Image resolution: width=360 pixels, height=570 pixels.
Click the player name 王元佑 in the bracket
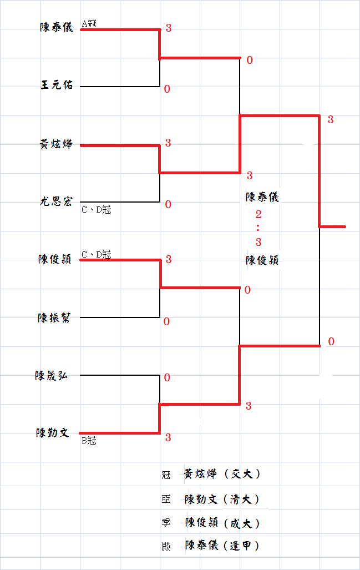(x=57, y=85)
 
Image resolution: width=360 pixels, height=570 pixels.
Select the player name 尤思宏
(x=56, y=201)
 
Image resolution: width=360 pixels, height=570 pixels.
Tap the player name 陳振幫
(x=54, y=318)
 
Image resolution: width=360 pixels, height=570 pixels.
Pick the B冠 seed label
(x=89, y=441)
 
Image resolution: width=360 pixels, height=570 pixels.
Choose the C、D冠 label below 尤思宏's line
(x=96, y=210)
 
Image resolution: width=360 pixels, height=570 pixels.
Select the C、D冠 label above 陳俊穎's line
(x=96, y=255)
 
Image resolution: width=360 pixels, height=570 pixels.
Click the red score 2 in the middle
(x=258, y=214)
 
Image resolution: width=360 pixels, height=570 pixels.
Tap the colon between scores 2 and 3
(x=258, y=228)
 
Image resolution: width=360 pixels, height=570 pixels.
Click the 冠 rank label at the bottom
(x=166, y=475)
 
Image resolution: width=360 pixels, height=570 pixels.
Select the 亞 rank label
(x=166, y=500)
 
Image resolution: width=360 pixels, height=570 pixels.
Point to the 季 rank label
(x=166, y=523)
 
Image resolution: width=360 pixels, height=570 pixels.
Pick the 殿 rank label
(x=166, y=546)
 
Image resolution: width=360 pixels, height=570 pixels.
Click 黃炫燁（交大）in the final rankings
(x=222, y=475)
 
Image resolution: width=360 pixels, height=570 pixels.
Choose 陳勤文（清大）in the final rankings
(x=222, y=499)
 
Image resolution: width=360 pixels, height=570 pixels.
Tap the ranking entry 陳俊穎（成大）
(x=222, y=523)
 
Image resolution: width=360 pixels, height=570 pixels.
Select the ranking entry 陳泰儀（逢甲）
(x=222, y=546)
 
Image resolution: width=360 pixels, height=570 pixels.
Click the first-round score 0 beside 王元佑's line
(x=167, y=89)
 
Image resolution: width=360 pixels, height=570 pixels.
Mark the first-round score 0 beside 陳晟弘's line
(x=167, y=378)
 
